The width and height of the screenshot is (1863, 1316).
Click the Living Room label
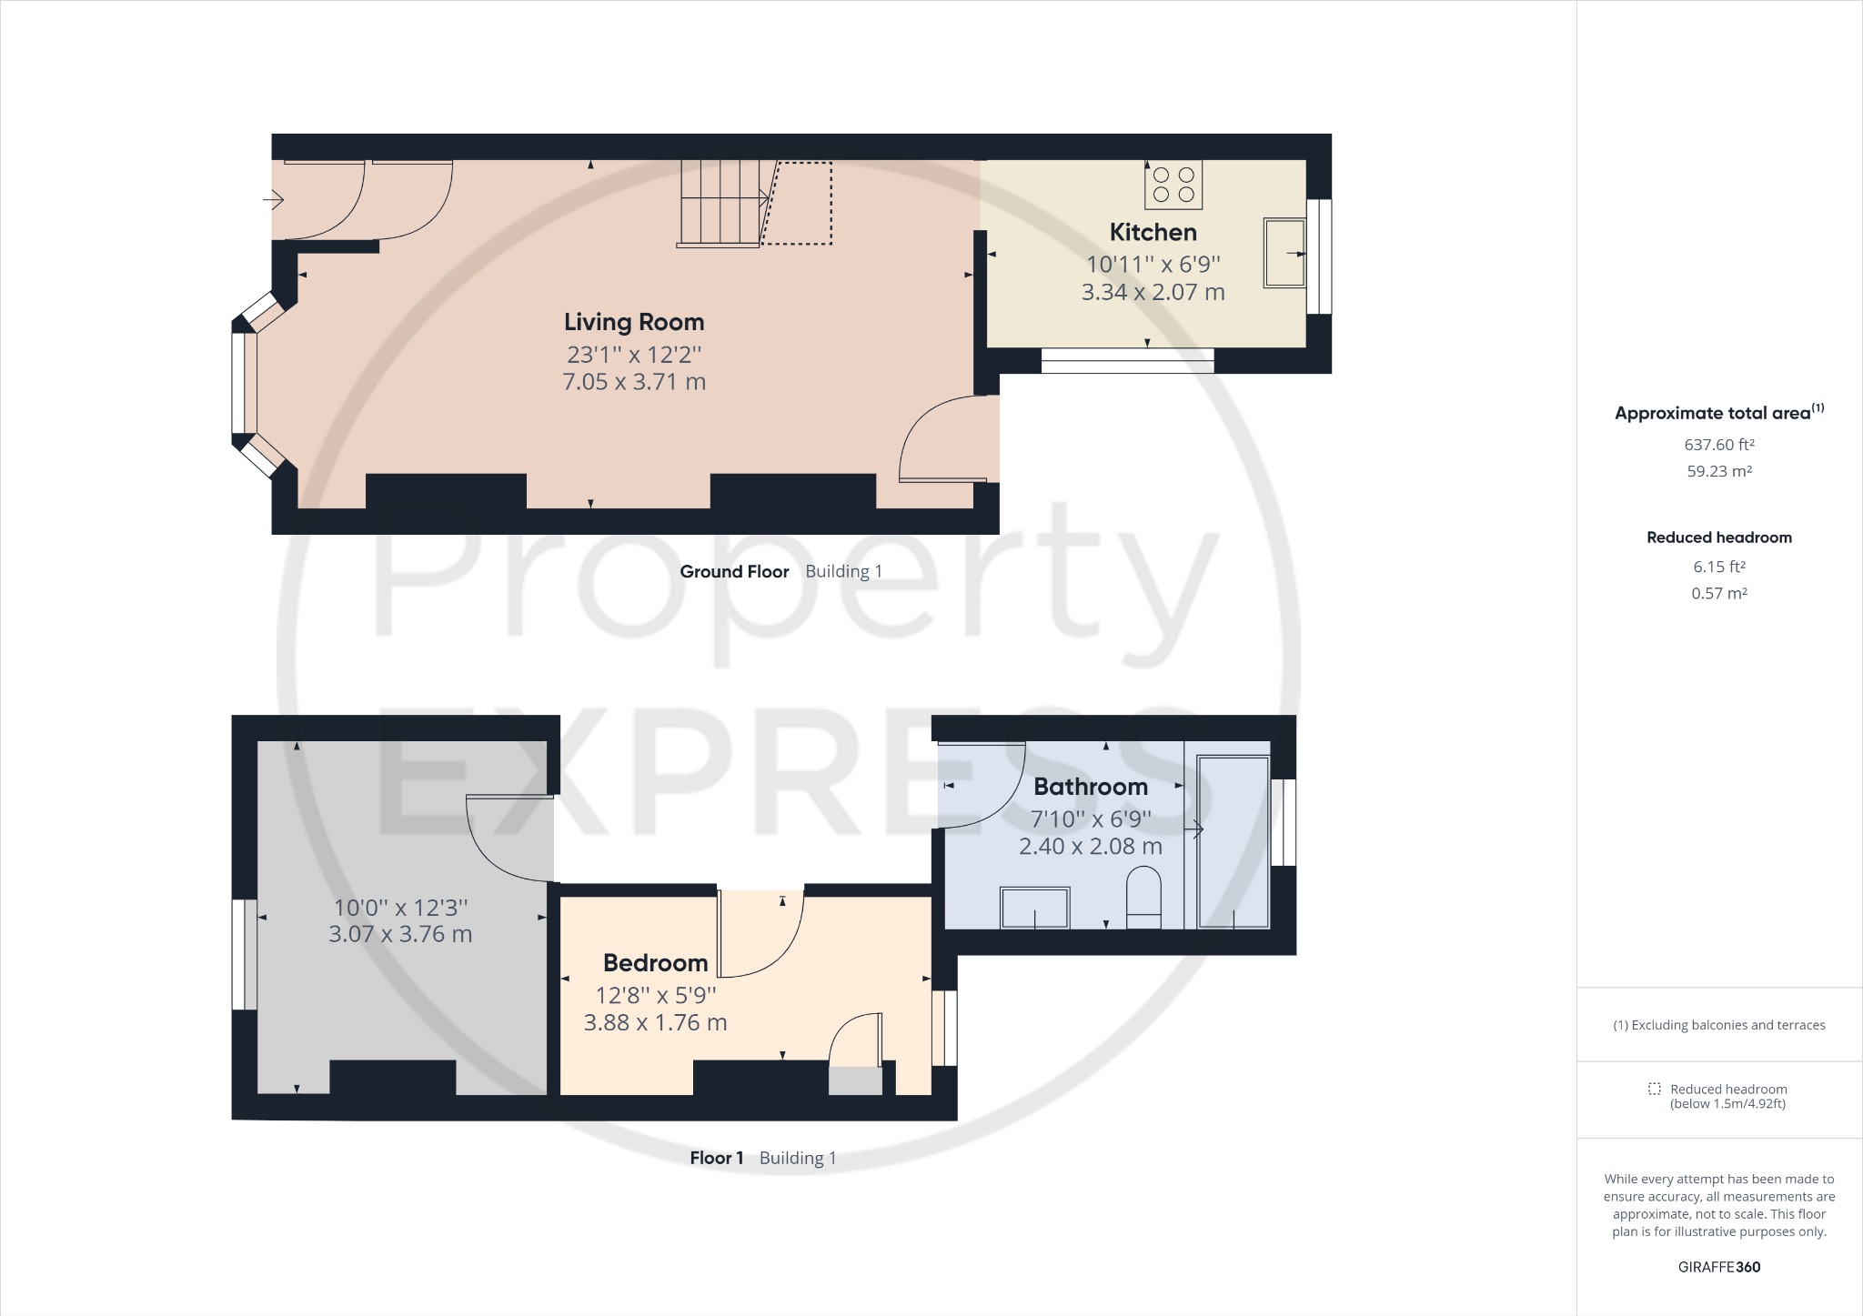(634, 322)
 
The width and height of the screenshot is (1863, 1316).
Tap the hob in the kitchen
(1173, 185)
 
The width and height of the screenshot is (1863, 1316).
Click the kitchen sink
(1284, 253)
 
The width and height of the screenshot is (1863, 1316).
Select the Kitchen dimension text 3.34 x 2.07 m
(1153, 292)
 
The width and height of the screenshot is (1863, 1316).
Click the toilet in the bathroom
(1143, 898)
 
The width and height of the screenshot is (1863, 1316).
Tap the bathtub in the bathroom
(1234, 841)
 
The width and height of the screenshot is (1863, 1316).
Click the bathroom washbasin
(1034, 908)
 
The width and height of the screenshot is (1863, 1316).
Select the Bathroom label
(1091, 787)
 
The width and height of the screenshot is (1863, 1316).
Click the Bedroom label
(655, 963)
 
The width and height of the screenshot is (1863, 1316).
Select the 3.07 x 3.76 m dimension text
(400, 934)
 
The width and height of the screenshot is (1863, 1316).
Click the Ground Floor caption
(734, 571)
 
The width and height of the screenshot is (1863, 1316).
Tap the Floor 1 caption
(716, 1158)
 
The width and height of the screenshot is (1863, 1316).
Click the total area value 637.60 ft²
(1719, 445)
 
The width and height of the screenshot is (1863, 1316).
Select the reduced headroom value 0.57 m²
(1719, 593)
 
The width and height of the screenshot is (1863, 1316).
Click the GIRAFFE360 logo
(1719, 1267)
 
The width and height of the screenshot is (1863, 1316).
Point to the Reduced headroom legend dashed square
(1654, 1089)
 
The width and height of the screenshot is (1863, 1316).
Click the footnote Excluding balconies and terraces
(1719, 1025)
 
